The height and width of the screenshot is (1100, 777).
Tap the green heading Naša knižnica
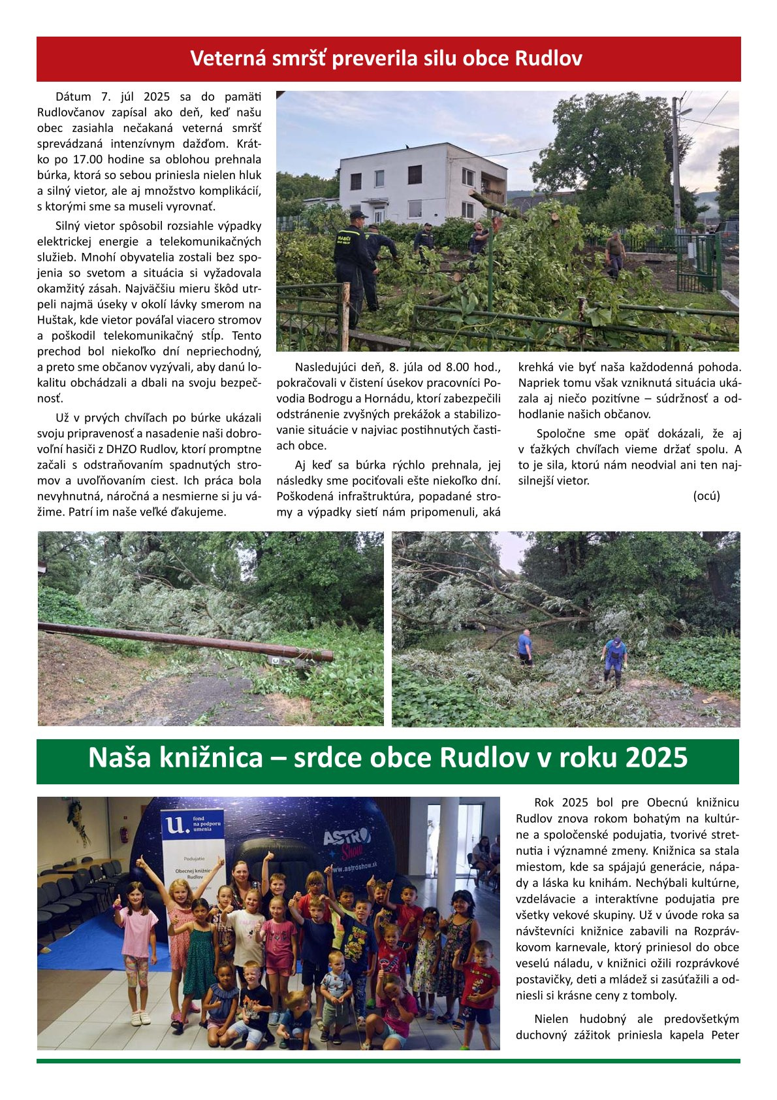388,758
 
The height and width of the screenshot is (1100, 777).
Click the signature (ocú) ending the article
706,495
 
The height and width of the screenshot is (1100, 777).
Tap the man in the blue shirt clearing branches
525,645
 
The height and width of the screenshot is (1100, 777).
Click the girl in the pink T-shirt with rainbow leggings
136,941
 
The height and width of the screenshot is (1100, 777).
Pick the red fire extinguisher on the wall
123,835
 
